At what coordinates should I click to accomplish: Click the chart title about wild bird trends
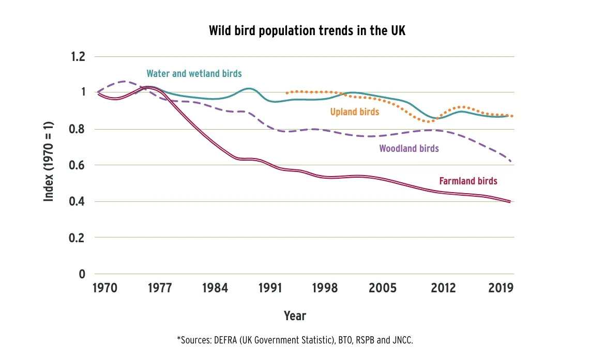click(307, 30)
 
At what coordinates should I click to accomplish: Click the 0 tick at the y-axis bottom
click(81, 274)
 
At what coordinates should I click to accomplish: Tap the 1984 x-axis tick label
click(215, 288)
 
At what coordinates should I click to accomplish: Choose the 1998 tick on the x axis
click(325, 288)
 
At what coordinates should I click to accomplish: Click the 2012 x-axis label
click(444, 288)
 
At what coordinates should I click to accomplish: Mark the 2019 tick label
click(500, 288)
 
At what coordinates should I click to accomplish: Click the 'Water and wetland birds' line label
click(194, 74)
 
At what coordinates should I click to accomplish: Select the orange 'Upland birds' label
click(354, 112)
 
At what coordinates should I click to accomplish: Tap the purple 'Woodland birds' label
click(409, 149)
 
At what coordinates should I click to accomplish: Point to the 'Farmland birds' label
click(468, 181)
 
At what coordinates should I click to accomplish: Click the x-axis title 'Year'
click(295, 316)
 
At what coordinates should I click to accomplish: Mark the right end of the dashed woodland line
click(511, 161)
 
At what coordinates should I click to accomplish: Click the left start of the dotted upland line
click(286, 93)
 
